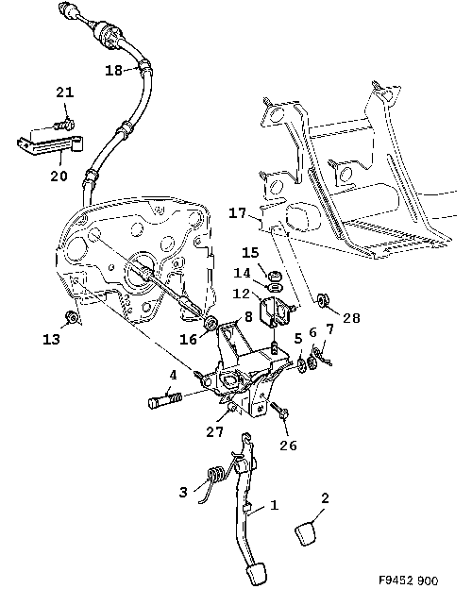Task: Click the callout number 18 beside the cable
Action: click(x=113, y=70)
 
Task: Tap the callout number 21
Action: click(x=65, y=93)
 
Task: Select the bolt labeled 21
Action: click(x=64, y=124)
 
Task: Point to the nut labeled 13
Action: click(x=71, y=317)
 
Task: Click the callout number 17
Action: click(x=238, y=213)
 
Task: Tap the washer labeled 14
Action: click(x=275, y=287)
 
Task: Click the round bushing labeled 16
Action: click(x=211, y=323)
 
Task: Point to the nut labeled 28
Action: click(x=322, y=301)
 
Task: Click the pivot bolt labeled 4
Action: click(x=165, y=400)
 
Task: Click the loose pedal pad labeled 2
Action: click(x=305, y=533)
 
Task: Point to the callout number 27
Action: click(x=215, y=431)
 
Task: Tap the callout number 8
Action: click(x=248, y=316)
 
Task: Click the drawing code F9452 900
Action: click(x=408, y=581)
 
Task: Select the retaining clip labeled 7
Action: click(x=322, y=357)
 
